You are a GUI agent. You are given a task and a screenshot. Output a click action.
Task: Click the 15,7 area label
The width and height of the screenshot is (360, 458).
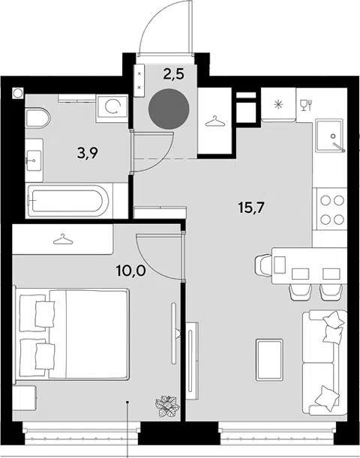pos(251,208)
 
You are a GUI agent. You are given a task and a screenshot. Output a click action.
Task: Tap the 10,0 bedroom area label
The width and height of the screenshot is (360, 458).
pos(130,271)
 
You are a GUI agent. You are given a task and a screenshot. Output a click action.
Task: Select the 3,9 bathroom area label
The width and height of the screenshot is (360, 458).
pos(87,153)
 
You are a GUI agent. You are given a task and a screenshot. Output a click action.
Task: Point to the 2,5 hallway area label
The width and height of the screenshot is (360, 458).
pos(173,74)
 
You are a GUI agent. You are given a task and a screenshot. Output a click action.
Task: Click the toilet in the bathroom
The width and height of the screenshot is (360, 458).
pos(38,118)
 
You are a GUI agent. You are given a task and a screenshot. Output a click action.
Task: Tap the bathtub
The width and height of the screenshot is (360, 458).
pos(70,200)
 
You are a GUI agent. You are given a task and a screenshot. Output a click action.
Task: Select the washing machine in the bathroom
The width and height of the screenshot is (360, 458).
pos(112,109)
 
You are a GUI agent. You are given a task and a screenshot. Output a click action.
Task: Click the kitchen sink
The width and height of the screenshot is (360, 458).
pos(330,135)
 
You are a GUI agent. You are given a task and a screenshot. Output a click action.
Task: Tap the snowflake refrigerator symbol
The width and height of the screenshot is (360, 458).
pos(278,104)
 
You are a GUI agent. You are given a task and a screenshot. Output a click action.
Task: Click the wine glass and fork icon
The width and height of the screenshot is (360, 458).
pos(307,105)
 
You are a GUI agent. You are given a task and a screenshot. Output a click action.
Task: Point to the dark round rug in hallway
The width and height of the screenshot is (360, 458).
pos(169,109)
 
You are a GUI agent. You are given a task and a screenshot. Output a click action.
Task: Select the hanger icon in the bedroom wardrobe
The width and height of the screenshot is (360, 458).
pos(63,239)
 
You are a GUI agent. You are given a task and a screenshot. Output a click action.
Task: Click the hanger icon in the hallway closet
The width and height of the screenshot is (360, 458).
pos(215,121)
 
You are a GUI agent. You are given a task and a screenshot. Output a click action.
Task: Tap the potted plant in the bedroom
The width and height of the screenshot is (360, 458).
pos(166,406)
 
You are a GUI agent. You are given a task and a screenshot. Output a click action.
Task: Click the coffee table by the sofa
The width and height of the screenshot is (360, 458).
pos(269,360)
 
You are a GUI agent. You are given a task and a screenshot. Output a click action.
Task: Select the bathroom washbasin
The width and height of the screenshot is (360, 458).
pos(34,160)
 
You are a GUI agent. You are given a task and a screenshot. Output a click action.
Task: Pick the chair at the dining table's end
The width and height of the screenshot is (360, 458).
pos(263,265)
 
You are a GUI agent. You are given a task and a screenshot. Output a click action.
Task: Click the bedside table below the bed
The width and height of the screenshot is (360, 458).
pos(25,397)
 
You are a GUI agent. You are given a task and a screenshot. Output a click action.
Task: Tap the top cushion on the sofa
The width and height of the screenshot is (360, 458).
pos(333,319)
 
